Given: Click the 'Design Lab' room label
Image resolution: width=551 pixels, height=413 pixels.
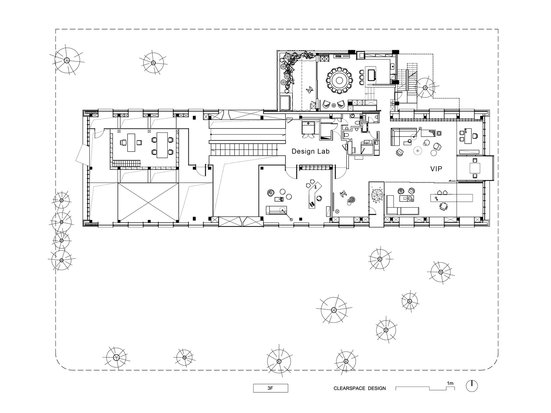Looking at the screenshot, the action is (310, 151).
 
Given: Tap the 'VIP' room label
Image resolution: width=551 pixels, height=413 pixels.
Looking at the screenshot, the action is (436, 169).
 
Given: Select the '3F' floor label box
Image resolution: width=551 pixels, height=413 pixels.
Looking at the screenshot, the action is (271, 388).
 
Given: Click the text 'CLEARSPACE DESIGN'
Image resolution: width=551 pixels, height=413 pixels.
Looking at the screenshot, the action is (360, 388).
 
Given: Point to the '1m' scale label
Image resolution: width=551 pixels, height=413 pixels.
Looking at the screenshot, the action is (450, 383).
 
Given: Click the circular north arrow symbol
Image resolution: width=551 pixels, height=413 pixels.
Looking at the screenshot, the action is (472, 386).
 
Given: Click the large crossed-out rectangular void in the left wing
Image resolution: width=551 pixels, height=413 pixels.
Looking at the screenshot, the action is (148, 202).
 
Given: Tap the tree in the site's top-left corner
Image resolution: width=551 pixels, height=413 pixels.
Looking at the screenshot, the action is (66, 60).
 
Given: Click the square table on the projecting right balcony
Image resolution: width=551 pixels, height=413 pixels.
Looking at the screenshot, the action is (475, 168).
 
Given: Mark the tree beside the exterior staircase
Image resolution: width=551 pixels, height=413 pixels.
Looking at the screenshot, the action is (425, 88).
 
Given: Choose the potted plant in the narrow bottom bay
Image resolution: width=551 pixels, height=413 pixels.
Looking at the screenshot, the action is (377, 195).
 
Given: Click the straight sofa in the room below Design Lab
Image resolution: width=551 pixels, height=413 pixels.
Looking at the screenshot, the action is (277, 210).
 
